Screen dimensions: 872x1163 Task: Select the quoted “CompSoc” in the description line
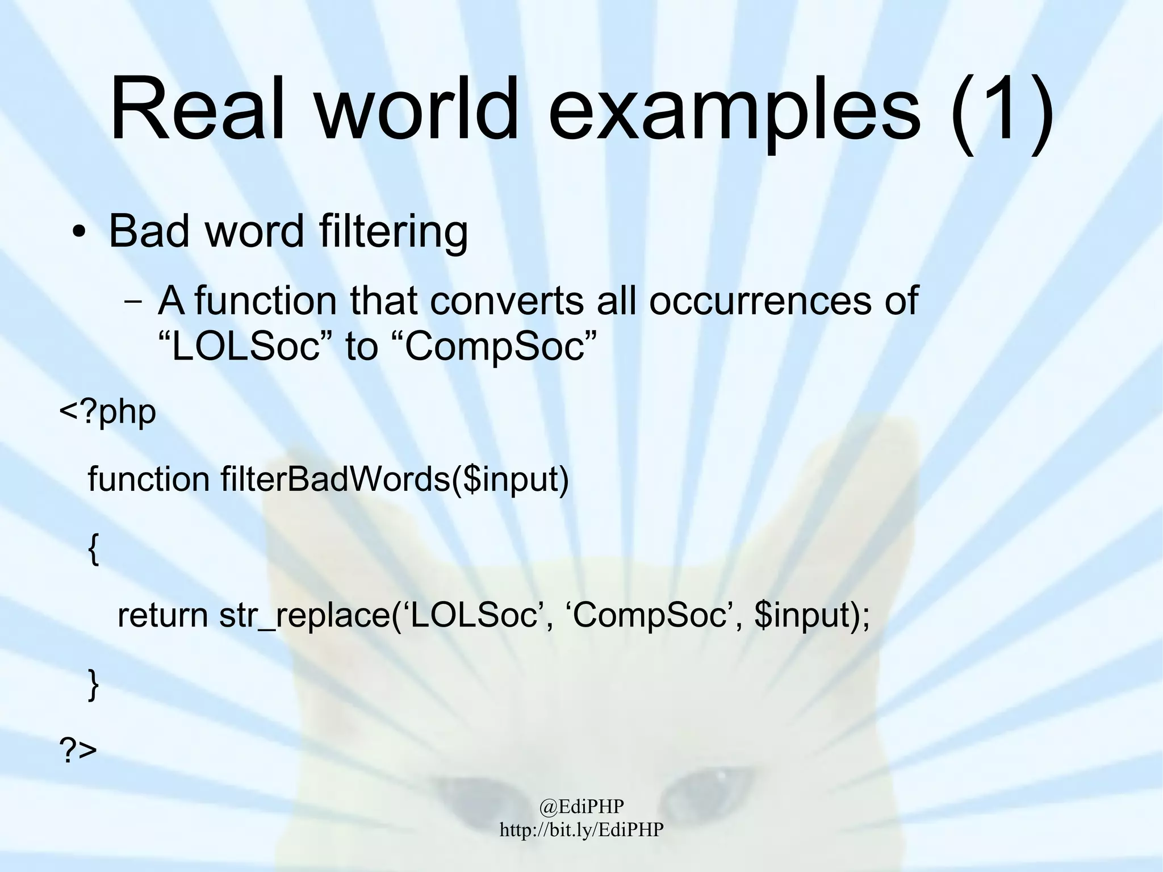coord(494,347)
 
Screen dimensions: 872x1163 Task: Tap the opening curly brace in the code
coord(94,549)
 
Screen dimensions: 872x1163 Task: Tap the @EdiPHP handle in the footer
coord(581,806)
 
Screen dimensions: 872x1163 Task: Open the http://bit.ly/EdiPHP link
coord(581,829)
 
